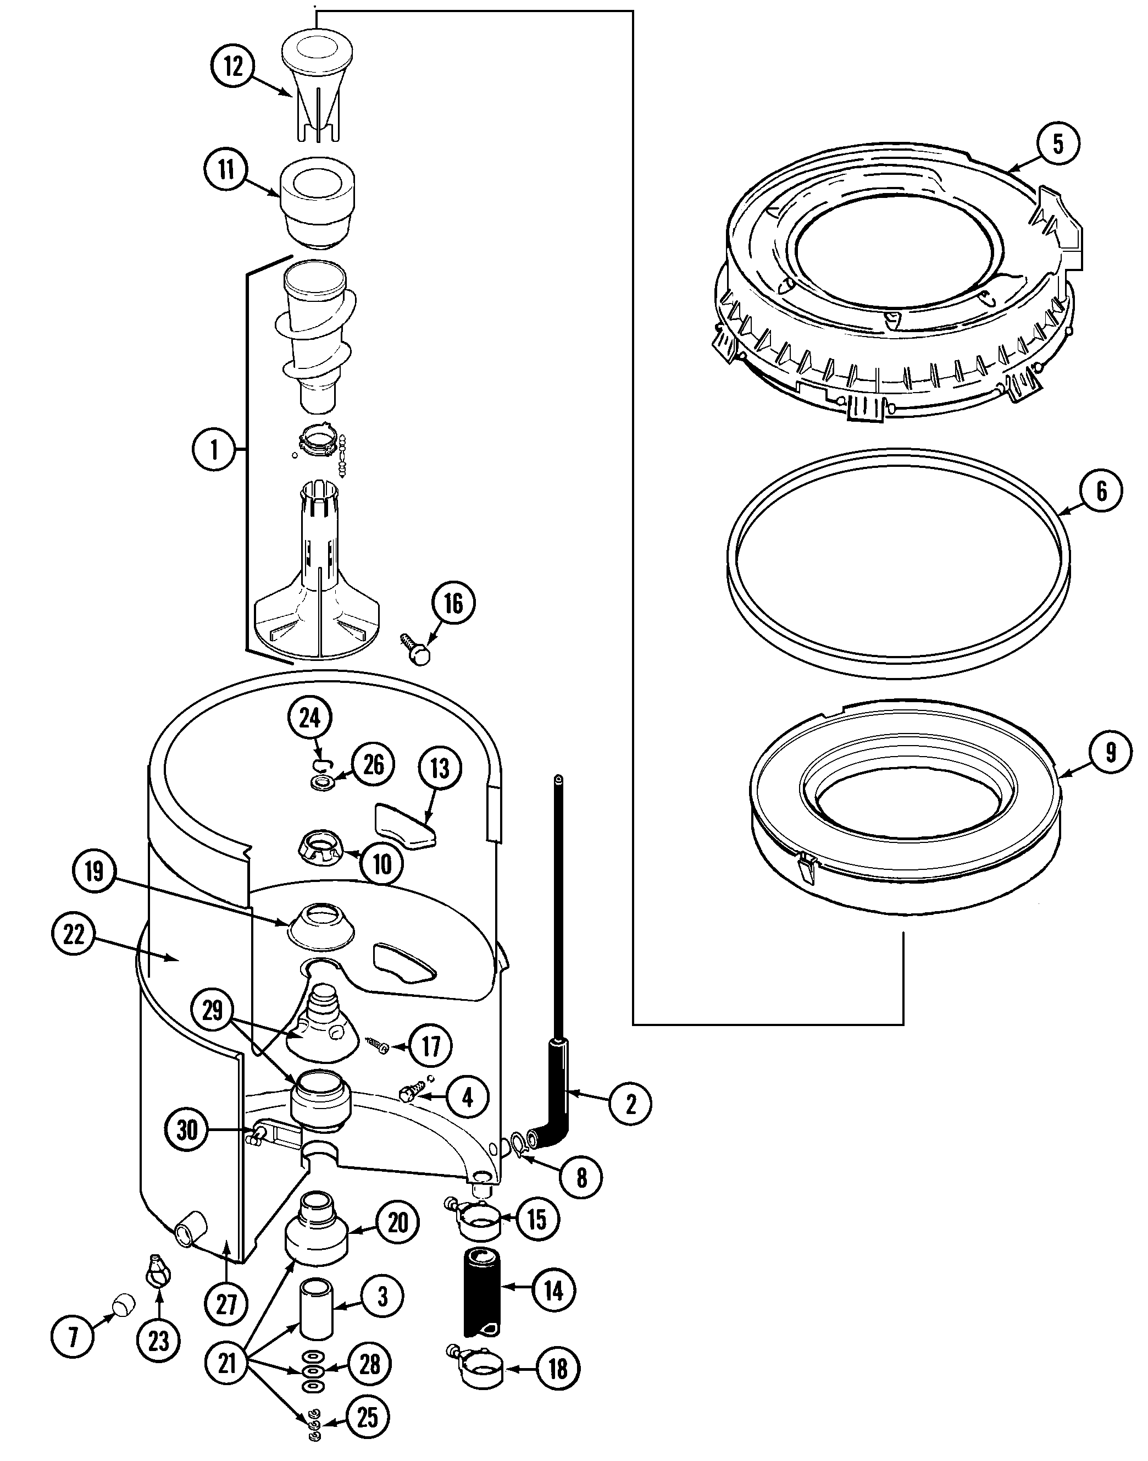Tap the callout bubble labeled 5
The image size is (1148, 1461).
1057,143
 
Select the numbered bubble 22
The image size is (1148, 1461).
73,935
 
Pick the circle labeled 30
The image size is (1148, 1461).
187,1129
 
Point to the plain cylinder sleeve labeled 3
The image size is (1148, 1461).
317,1308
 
